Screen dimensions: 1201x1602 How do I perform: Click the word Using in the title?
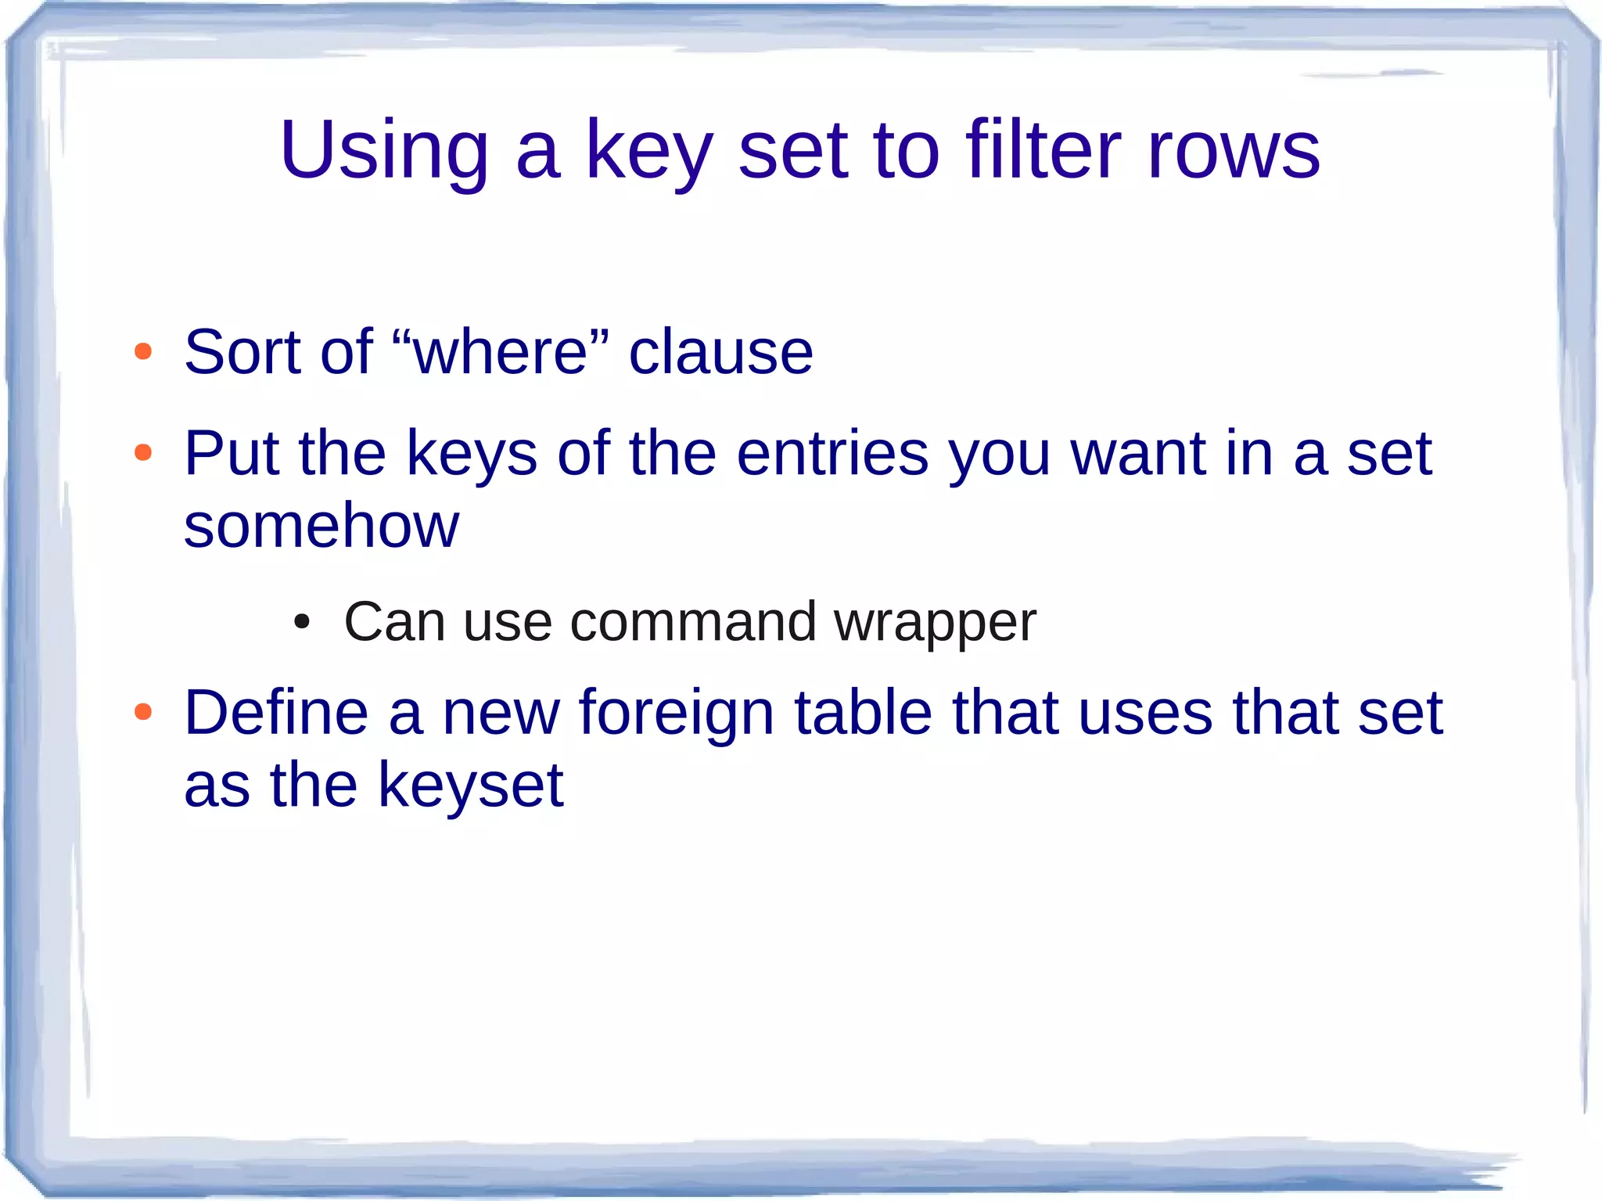tap(384, 150)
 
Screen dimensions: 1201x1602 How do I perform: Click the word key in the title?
tap(648, 150)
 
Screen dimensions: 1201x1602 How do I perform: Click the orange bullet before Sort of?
tap(143, 351)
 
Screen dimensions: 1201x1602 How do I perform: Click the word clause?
tap(720, 352)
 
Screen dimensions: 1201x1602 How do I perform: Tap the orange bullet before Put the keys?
tap(143, 452)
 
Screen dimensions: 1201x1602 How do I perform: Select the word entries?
tap(832, 453)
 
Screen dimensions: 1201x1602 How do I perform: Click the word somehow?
tap(321, 525)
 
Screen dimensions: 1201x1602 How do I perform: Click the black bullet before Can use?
tap(302, 623)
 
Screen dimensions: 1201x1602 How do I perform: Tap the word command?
tap(693, 622)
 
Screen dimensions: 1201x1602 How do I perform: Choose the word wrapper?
tap(935, 624)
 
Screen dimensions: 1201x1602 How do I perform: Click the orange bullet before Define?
tap(143, 712)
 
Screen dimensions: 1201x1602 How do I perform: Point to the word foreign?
tap(676, 714)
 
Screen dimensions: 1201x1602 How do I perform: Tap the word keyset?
tap(471, 786)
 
